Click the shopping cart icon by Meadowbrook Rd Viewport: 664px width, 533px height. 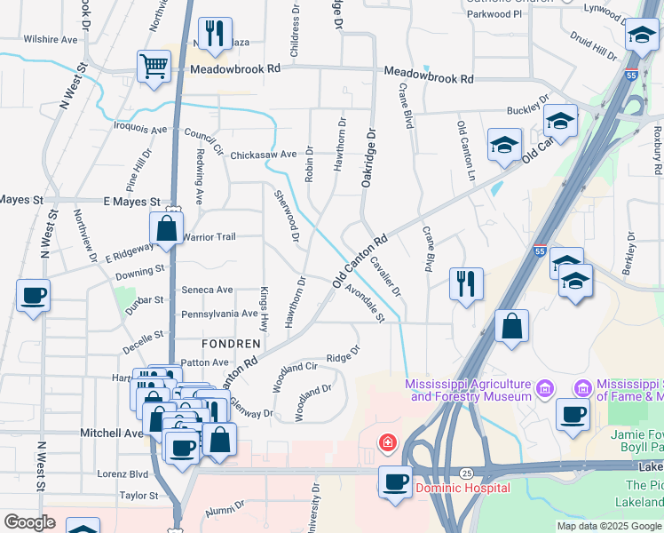pyautogui.click(x=154, y=65)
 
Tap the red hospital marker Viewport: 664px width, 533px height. pyautogui.click(x=386, y=442)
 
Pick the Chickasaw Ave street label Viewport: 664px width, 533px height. pyautogui.click(x=263, y=155)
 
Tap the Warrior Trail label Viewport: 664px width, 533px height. pyautogui.click(x=209, y=237)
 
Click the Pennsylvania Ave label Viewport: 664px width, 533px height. pyautogui.click(x=219, y=314)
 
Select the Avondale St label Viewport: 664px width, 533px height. pyautogui.click(x=366, y=304)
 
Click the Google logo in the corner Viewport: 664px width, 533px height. pyautogui.click(x=29, y=522)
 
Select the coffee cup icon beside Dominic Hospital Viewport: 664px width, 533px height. pyautogui.click(x=396, y=481)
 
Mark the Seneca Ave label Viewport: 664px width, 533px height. pyautogui.click(x=207, y=290)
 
